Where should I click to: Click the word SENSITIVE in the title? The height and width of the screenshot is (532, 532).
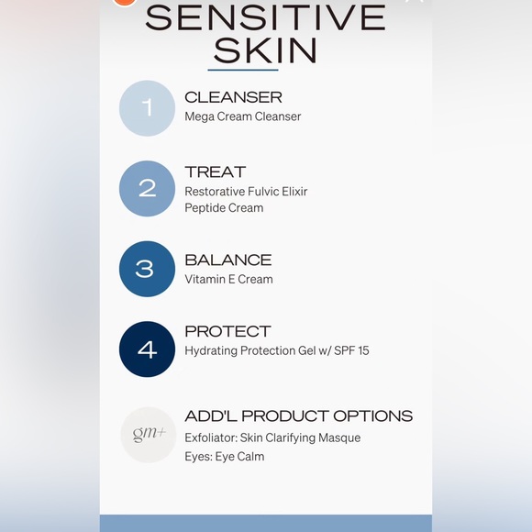[265, 17]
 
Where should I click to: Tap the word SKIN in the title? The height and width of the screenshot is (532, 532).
[265, 51]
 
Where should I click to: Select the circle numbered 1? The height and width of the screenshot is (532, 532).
[147, 108]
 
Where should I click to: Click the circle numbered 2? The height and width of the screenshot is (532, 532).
[147, 188]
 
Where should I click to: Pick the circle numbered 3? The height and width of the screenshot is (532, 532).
[147, 269]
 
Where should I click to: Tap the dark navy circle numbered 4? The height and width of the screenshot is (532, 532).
[147, 349]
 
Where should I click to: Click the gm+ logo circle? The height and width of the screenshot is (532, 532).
[148, 434]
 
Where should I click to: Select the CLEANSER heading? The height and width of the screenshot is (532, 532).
[233, 97]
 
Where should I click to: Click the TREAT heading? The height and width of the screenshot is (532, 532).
[215, 172]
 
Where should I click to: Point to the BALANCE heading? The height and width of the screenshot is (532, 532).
[227, 260]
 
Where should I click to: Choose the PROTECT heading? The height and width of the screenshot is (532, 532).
[227, 331]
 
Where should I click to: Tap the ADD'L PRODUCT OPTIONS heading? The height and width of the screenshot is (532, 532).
[298, 416]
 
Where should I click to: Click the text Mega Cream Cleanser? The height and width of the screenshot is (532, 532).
[242, 116]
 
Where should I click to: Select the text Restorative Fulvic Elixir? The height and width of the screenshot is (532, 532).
[246, 192]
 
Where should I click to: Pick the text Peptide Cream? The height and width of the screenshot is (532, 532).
[224, 208]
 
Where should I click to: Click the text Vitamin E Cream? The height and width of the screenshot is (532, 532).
[228, 280]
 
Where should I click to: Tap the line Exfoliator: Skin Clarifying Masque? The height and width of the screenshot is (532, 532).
[272, 438]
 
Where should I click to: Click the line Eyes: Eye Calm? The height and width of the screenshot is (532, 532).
[224, 457]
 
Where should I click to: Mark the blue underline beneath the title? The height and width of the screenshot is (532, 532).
[242, 70]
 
